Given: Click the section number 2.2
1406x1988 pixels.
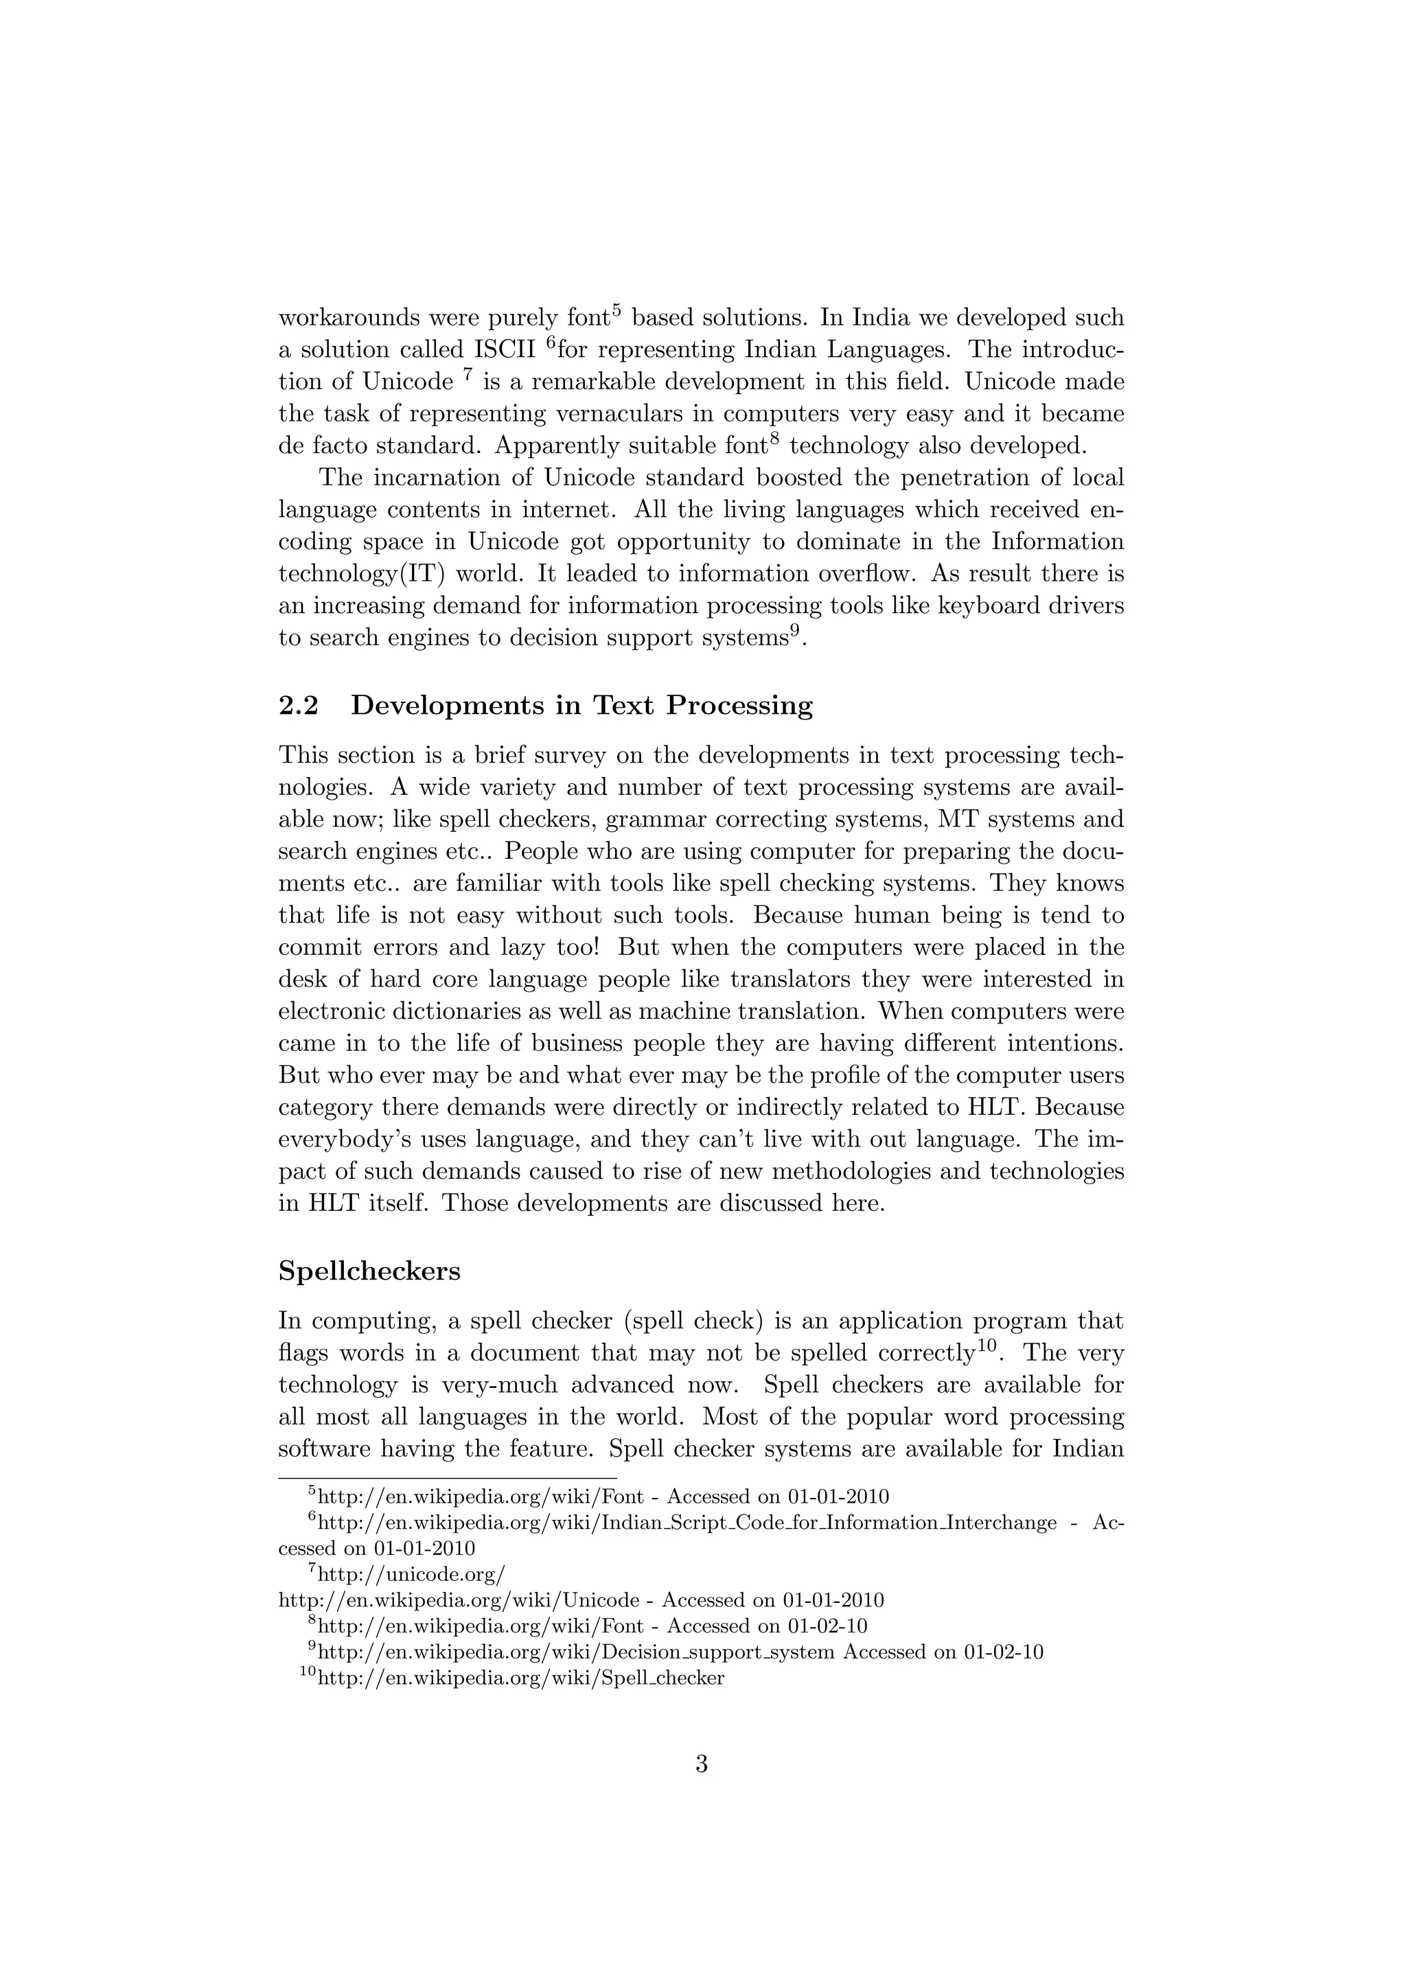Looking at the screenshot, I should point(298,706).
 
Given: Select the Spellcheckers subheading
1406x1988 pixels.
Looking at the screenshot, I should point(369,1271).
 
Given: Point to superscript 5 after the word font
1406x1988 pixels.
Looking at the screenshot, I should point(616,310).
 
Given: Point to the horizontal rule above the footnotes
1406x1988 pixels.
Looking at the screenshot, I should point(447,1478).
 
